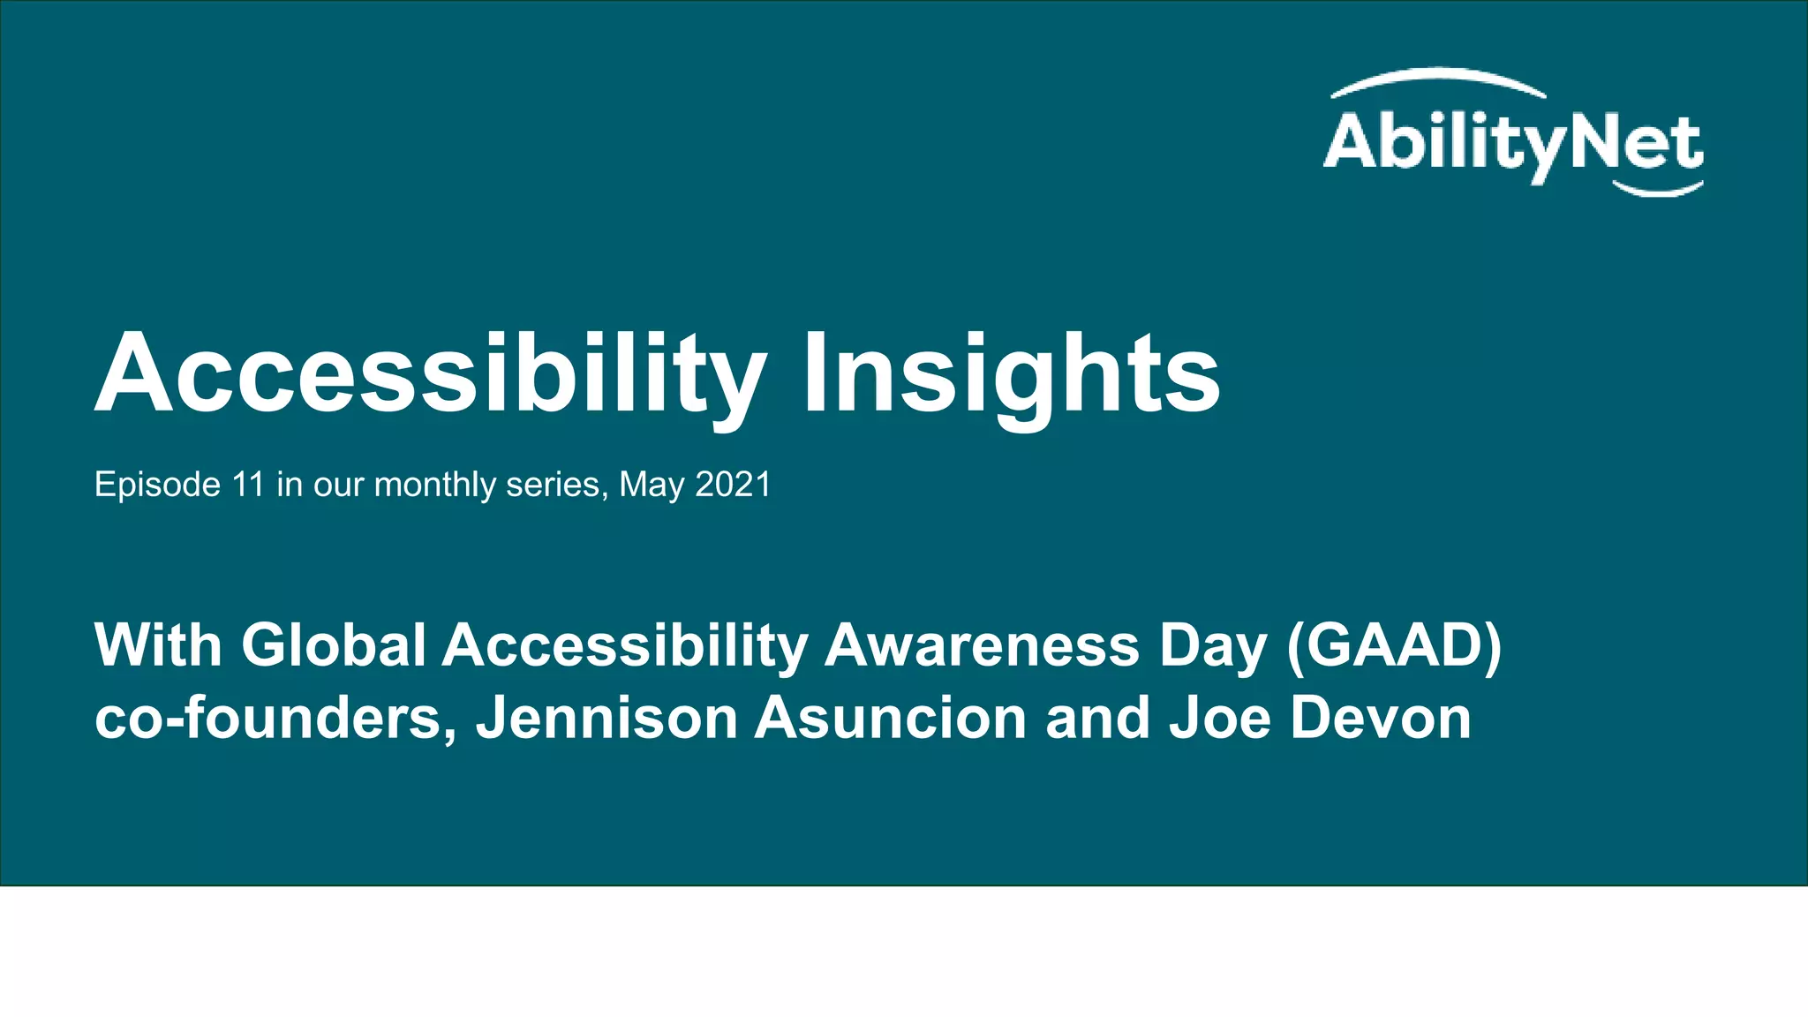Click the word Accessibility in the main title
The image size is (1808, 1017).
(x=431, y=374)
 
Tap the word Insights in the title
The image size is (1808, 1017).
(x=1011, y=374)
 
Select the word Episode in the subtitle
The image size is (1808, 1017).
(x=157, y=485)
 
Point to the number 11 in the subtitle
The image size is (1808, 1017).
(x=248, y=485)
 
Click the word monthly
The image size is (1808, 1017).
(x=435, y=485)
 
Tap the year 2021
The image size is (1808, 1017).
(x=733, y=485)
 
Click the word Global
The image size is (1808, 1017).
(x=334, y=645)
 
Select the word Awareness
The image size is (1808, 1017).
(x=982, y=645)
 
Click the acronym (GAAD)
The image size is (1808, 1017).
(x=1394, y=645)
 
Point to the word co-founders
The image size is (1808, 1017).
(x=275, y=718)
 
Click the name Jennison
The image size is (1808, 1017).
(x=606, y=718)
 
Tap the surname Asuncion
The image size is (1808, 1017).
(x=890, y=718)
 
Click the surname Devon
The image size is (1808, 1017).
(x=1381, y=718)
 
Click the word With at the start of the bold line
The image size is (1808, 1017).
(x=158, y=645)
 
